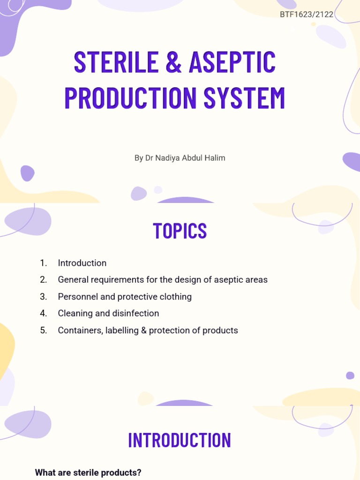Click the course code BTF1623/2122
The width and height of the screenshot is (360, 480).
[307, 15]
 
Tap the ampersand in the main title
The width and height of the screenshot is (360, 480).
[173, 62]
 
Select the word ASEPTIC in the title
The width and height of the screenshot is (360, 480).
[232, 62]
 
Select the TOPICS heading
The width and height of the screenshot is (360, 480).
[180, 231]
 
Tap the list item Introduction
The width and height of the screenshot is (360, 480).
[82, 263]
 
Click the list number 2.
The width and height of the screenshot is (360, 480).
[43, 280]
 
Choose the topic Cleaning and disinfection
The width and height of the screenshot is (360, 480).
[108, 314]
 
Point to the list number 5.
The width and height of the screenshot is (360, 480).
[43, 330]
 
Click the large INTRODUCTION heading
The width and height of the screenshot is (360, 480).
[180, 440]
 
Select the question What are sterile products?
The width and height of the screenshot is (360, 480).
[88, 472]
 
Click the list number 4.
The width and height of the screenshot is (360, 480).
[43, 314]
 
